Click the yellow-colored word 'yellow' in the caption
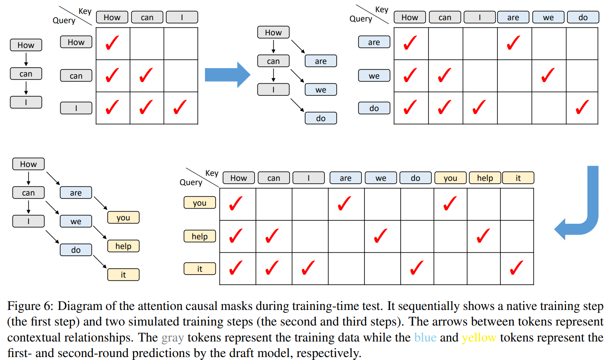click(x=479, y=337)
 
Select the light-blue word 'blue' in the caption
click(x=425, y=337)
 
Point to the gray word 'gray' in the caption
click(x=173, y=337)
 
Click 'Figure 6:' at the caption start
click(x=30, y=306)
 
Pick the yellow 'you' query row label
click(x=199, y=203)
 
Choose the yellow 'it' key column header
click(x=518, y=178)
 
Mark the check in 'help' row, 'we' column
click(x=380, y=236)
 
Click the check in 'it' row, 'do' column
click(x=417, y=268)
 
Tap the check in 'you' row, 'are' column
click(x=344, y=204)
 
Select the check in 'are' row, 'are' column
click(x=513, y=43)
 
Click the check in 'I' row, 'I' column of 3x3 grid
click(x=180, y=107)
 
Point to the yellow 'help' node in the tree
click(x=123, y=246)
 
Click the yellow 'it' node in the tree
click(x=123, y=275)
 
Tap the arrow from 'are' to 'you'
click(x=100, y=204)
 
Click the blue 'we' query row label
click(x=374, y=76)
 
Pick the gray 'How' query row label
click(x=76, y=42)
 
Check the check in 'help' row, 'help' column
click(x=483, y=236)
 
